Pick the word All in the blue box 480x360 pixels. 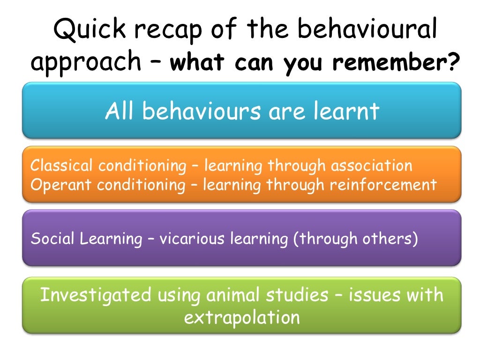pos(120,112)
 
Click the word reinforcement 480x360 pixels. pos(383,185)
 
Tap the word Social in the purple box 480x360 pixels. pos(52,239)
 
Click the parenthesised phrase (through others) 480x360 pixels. pos(355,239)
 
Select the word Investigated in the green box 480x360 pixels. pos(96,295)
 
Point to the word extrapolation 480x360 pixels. pos(241,318)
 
